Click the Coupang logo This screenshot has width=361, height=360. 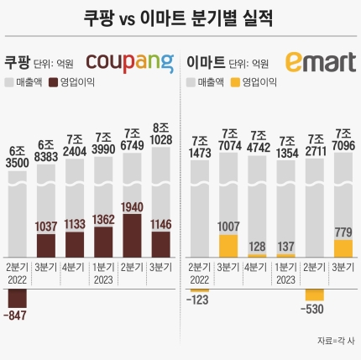point(129,64)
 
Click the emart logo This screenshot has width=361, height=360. point(321,62)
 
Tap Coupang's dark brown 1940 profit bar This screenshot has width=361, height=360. point(133,236)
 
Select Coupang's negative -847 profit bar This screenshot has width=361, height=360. point(18,298)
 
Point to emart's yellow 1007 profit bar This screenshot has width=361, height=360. point(228,246)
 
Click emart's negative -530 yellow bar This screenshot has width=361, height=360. point(315,295)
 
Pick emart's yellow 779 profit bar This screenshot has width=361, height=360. point(343,248)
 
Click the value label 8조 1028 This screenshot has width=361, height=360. point(160,134)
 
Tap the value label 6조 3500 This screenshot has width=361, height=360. point(18,157)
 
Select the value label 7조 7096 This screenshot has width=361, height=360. point(343,139)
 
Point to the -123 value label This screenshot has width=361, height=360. point(197,300)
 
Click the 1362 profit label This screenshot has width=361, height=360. point(103,220)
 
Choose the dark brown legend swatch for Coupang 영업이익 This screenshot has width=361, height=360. point(53,82)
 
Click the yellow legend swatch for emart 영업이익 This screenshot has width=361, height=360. point(235,82)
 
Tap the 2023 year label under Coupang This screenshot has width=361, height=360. point(103,279)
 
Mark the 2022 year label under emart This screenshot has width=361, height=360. point(199,279)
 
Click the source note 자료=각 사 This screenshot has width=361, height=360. point(336,341)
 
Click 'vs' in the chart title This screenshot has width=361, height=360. point(128,19)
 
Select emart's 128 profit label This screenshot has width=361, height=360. point(257,247)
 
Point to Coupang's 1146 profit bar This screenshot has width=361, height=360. point(161,244)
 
